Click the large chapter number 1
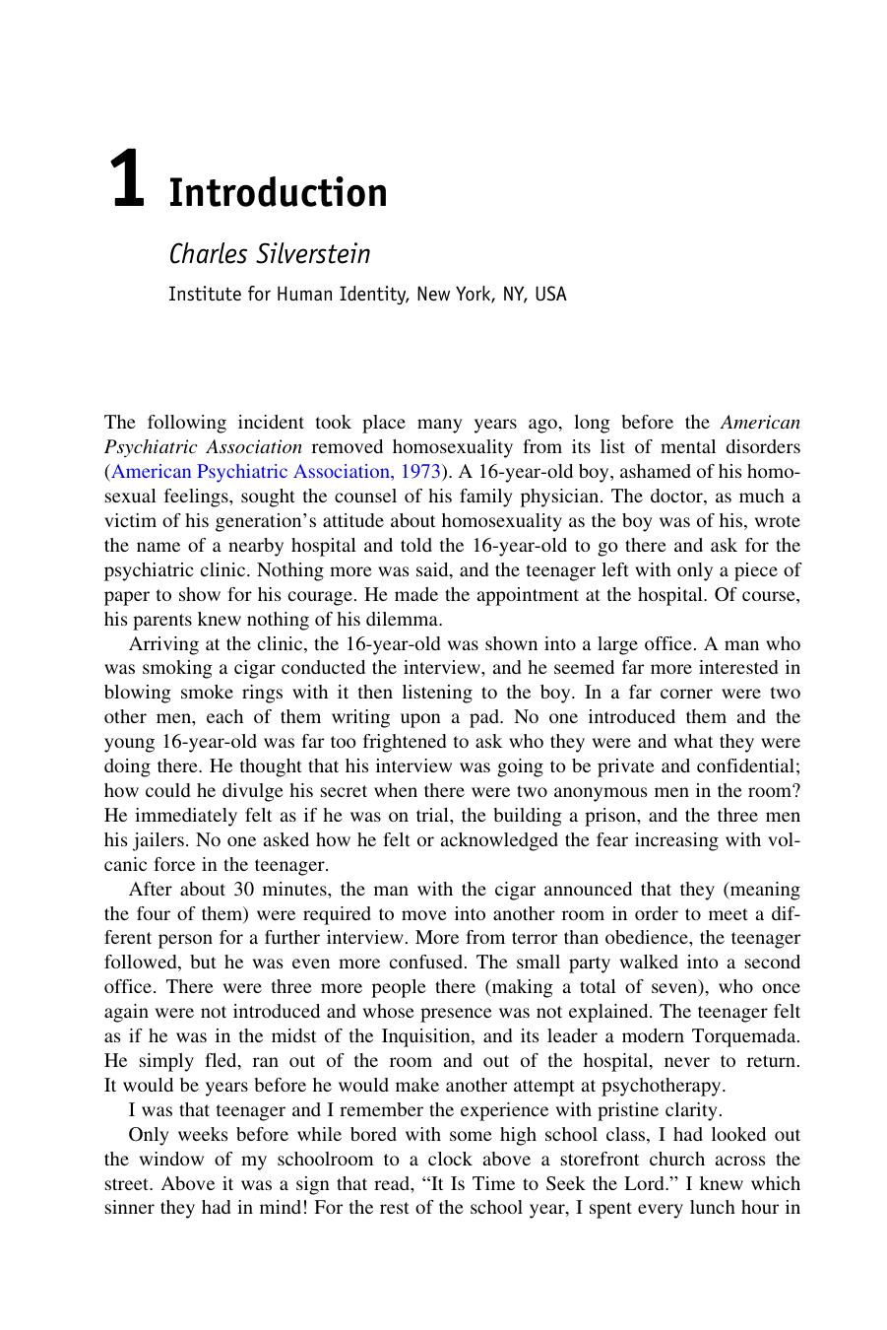[x=126, y=179]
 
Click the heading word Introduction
[x=278, y=193]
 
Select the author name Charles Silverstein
[x=269, y=254]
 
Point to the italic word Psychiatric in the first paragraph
[x=149, y=447]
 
